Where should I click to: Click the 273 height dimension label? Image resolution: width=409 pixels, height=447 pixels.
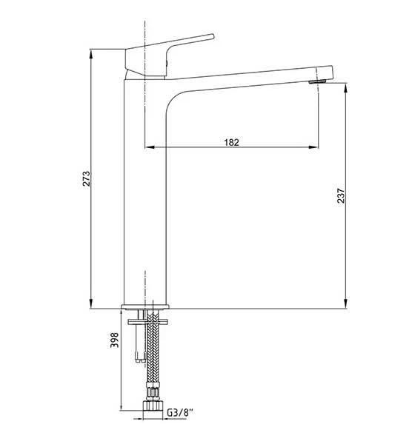[x=86, y=178]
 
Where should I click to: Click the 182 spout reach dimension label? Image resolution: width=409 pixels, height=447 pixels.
[x=231, y=142]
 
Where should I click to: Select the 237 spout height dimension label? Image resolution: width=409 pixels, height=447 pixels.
[x=341, y=195]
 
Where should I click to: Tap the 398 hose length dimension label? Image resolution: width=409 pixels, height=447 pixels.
[x=114, y=340]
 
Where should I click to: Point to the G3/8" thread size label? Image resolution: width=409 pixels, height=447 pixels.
[x=180, y=412]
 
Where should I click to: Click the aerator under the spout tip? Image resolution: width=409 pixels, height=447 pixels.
[x=317, y=81]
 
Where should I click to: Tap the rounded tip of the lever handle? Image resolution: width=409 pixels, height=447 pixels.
[x=212, y=36]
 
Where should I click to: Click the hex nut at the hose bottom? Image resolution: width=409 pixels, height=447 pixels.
[x=153, y=406]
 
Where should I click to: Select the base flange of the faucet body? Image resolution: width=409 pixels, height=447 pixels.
[x=145, y=306]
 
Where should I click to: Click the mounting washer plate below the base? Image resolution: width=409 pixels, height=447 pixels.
[x=147, y=322]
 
